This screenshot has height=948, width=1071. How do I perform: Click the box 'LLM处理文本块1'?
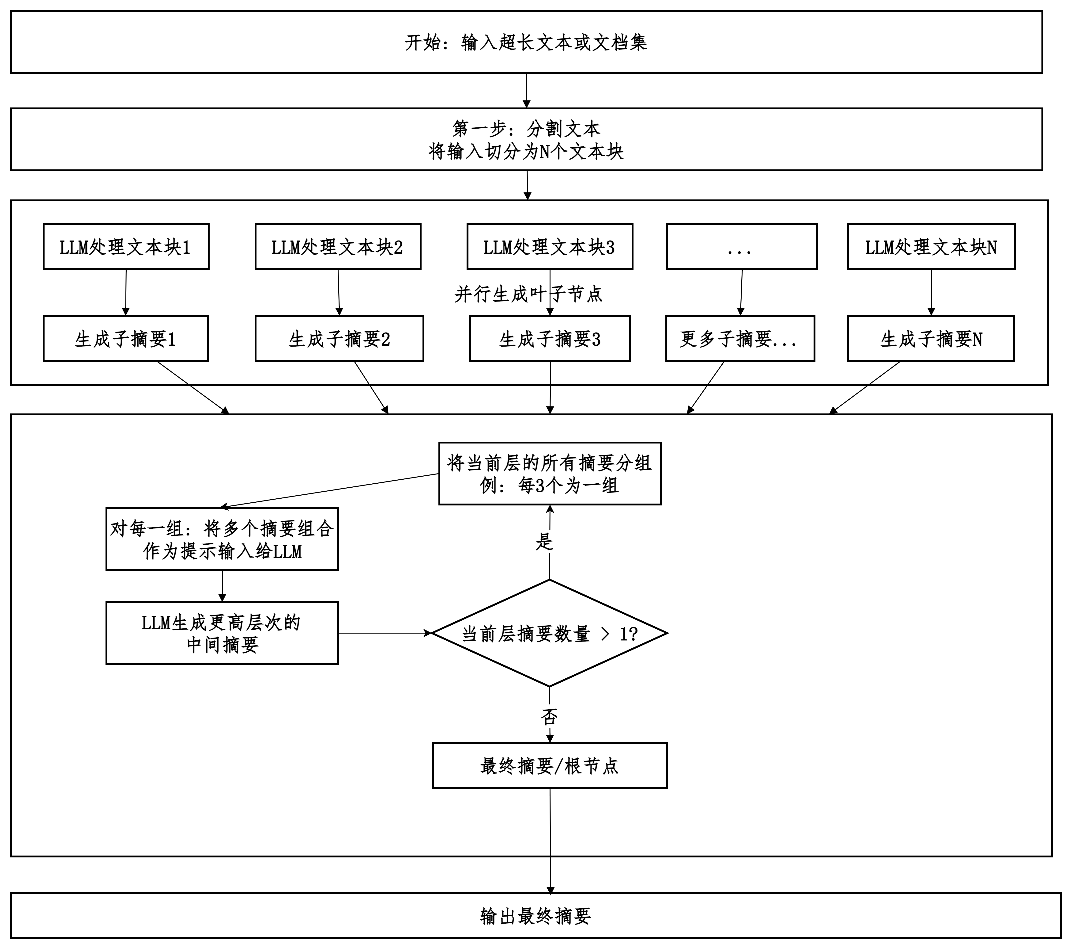pos(126,246)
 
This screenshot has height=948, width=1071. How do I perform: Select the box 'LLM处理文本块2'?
pos(338,246)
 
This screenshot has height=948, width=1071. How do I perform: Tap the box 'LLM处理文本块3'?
pos(550,246)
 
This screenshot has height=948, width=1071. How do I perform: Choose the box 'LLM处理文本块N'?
pos(931,246)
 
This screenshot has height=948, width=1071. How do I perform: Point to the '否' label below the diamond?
pos(549,716)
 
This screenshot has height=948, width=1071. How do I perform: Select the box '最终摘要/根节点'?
pos(550,765)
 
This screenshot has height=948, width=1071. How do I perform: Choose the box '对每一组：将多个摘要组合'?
pos(222,539)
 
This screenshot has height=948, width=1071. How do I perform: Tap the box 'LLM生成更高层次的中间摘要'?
pos(222,633)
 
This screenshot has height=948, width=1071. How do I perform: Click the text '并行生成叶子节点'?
pos(528,294)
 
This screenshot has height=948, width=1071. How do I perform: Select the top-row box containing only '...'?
pos(742,246)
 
